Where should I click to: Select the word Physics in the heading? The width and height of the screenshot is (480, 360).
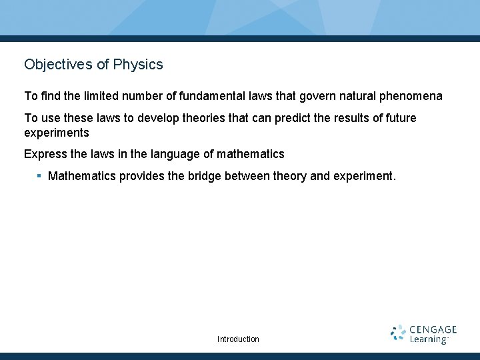pos(138,65)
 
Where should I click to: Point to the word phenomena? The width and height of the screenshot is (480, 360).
pos(412,97)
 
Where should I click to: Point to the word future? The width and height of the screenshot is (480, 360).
pos(399,118)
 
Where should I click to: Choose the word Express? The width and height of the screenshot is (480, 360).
pos(44,154)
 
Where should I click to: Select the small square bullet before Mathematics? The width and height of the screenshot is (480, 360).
pos(39,176)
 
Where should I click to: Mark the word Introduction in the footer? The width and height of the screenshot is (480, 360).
pos(238,339)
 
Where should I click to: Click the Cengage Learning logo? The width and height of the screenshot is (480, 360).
pos(424,334)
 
